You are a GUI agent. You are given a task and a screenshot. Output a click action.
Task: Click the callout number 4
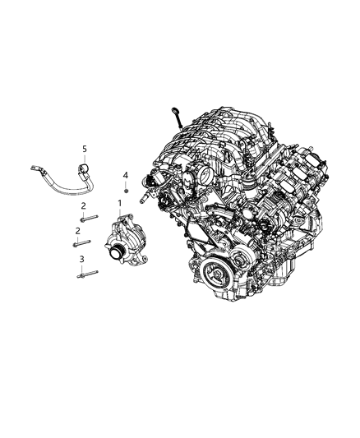[x=126, y=175]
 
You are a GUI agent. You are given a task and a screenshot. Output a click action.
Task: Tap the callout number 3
[x=81, y=260]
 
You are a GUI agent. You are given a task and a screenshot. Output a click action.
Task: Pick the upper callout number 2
[x=83, y=206]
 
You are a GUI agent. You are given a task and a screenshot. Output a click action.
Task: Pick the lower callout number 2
[x=78, y=232]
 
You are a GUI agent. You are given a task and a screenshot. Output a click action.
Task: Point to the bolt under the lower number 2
[x=82, y=243]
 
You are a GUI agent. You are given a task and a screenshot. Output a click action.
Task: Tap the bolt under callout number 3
[x=85, y=275]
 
